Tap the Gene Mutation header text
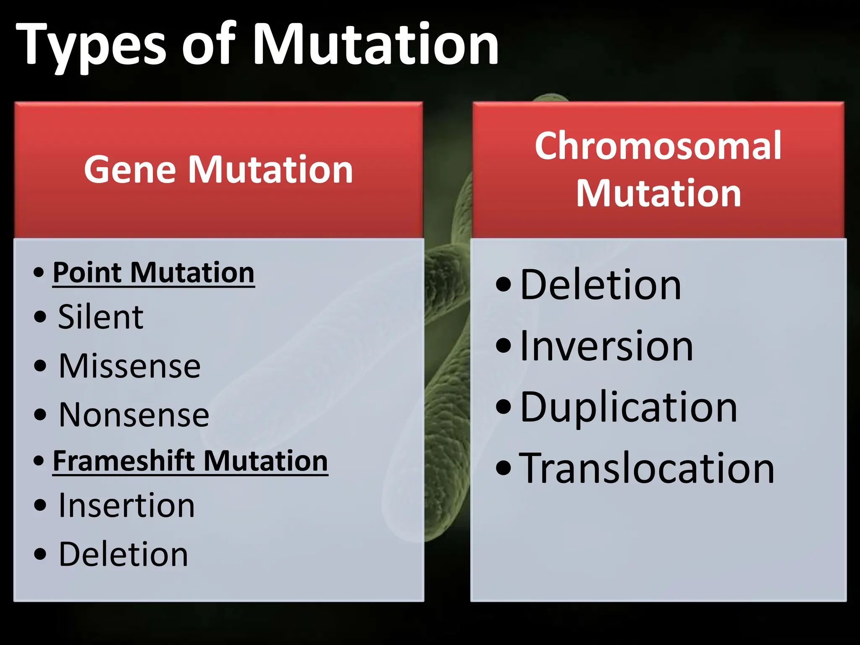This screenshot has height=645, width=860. tap(218, 170)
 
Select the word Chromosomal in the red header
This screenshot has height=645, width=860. tap(658, 146)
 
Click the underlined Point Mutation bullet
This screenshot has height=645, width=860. tap(154, 273)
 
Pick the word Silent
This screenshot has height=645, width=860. tap(101, 317)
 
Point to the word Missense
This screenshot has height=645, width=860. tap(130, 366)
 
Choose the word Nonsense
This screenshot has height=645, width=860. tap(134, 415)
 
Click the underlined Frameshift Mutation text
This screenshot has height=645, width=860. tap(190, 461)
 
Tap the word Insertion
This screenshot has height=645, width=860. tap(127, 506)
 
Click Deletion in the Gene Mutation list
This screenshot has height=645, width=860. tap(123, 555)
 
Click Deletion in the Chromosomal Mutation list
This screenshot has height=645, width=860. tap(600, 285)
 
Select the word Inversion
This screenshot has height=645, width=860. tap(606, 346)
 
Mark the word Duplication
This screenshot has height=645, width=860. tap(629, 407)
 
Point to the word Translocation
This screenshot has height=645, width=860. tap(647, 469)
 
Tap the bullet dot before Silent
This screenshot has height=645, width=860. tap(40, 317)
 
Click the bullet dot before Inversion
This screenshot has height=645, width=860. tap(503, 346)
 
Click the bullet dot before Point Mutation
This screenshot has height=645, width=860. tap(39, 273)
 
